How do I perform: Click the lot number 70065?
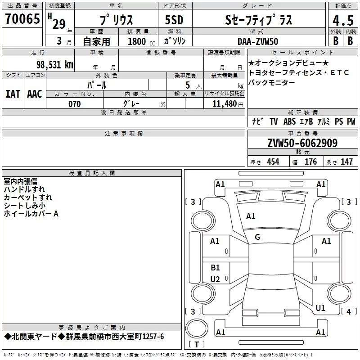pos(22,18)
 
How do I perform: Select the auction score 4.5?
pos(343,20)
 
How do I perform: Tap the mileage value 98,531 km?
pos(55,65)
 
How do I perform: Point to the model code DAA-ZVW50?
pos(258,41)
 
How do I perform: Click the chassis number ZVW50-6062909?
pos(302,143)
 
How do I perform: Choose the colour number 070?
pos(75,104)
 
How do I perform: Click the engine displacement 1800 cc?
pos(141,41)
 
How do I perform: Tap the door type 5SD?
pos(174,20)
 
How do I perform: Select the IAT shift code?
pos(13,94)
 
